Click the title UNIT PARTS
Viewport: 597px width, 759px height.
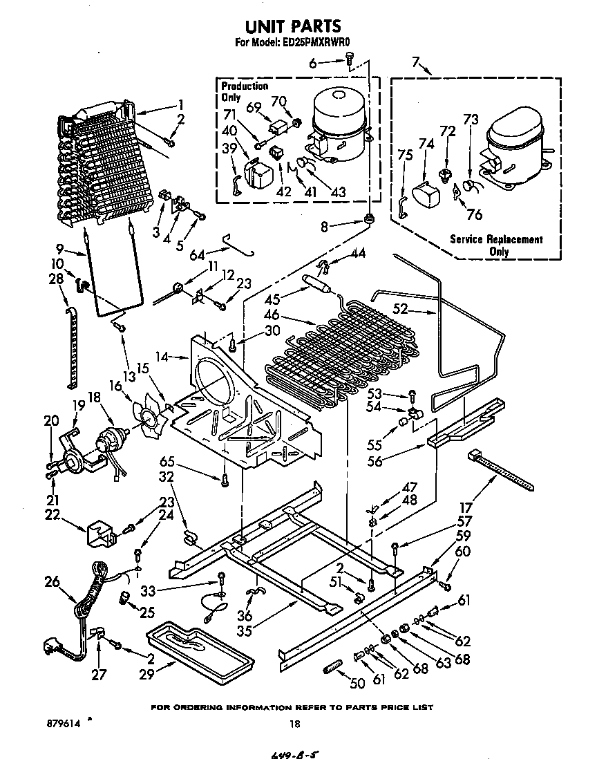pos(294,26)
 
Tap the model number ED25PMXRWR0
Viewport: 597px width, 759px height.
pos(320,43)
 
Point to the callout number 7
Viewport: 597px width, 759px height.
pos(416,63)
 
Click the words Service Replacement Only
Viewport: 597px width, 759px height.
pos(496,245)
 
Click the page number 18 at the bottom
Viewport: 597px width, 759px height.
pos(295,724)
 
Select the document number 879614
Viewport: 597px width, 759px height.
pos(60,723)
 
